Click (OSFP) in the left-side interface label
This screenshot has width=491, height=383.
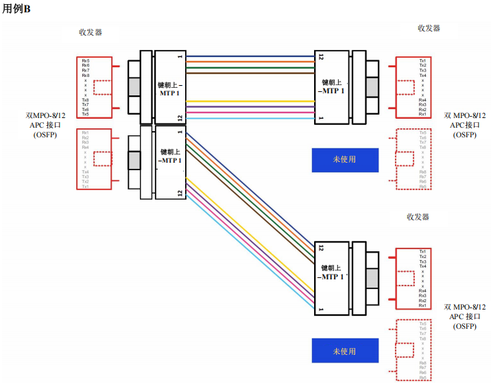(45, 135)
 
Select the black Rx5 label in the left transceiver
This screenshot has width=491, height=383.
(86, 61)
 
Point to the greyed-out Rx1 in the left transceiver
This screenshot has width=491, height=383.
(86, 132)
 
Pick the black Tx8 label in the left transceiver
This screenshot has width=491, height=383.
(86, 100)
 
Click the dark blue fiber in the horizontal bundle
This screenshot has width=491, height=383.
(250, 56)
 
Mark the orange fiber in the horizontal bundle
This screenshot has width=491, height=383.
(250, 62)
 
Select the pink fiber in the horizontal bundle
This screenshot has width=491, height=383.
(250, 113)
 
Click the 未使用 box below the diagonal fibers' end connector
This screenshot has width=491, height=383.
(344, 351)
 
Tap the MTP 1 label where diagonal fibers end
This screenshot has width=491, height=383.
(333, 277)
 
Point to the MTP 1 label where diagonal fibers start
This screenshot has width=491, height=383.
(171, 161)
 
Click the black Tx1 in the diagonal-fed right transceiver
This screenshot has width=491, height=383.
(422, 251)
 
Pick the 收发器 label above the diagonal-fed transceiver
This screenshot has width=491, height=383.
(418, 216)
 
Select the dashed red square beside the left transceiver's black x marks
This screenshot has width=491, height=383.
(102, 87)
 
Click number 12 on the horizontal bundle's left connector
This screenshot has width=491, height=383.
(180, 117)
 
